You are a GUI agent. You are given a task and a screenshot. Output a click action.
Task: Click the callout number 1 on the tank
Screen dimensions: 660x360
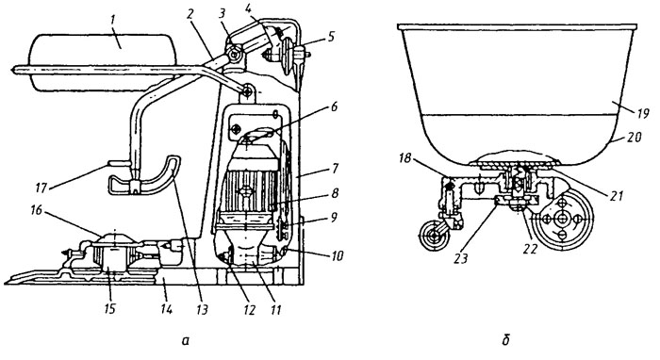pyautogui.click(x=121, y=42)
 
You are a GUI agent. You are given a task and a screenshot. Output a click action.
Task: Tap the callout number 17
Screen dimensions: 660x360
pyautogui.click(x=41, y=188)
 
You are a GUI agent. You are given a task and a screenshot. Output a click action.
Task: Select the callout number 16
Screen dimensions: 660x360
pyautogui.click(x=37, y=210)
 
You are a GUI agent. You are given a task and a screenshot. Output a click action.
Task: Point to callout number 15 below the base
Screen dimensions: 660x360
pyautogui.click(x=108, y=309)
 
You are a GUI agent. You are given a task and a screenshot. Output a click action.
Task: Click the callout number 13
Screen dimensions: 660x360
pyautogui.click(x=203, y=309)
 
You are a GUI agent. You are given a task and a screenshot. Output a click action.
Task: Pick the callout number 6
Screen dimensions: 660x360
pyautogui.click(x=334, y=106)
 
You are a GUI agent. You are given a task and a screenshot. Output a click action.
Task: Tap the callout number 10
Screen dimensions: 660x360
pyautogui.click(x=338, y=255)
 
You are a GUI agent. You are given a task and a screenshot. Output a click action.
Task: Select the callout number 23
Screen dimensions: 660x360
pyautogui.click(x=461, y=257)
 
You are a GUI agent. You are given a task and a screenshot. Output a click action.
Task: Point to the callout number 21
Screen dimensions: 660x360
pyautogui.click(x=616, y=195)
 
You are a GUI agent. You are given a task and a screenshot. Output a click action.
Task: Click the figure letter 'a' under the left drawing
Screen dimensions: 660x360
pyautogui.click(x=185, y=340)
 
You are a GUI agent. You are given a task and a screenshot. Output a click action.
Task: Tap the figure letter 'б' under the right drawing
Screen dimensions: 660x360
pyautogui.click(x=506, y=340)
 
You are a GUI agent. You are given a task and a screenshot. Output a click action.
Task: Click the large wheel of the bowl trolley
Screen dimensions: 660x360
pyautogui.click(x=562, y=220)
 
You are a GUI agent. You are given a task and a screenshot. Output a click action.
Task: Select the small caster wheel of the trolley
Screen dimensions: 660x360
pyautogui.click(x=436, y=237)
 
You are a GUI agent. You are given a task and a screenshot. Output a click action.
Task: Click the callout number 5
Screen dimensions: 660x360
pyautogui.click(x=331, y=38)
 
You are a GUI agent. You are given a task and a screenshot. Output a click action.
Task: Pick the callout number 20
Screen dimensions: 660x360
pyautogui.click(x=633, y=138)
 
